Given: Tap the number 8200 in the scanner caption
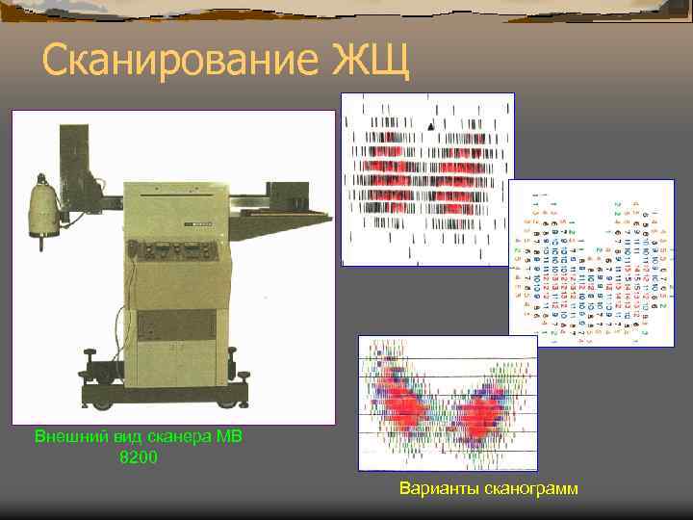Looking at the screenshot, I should (138, 456).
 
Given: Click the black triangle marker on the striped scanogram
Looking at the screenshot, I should (431, 126).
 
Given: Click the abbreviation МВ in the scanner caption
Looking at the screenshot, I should (228, 436).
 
